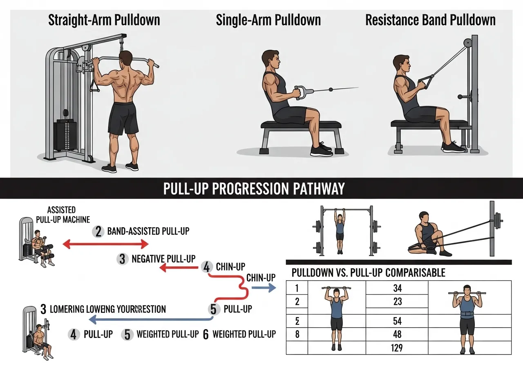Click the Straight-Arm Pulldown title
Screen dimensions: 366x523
coord(104,20)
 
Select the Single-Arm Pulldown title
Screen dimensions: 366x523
coord(268,20)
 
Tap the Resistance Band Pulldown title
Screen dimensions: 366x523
coord(430,20)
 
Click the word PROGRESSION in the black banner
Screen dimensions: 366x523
coord(254,189)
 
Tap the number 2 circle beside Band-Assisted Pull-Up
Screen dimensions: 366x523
coord(98,232)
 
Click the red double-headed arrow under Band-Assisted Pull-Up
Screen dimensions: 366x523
coord(105,244)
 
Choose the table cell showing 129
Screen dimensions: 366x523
coord(396,348)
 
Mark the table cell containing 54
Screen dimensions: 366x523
coord(397,320)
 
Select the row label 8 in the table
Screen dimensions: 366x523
coord(297,335)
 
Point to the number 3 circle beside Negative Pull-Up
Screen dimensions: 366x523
coord(122,259)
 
